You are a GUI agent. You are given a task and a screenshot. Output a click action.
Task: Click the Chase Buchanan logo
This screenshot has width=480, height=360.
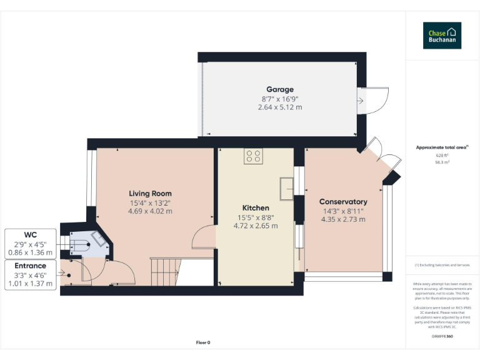pyautogui.click(x=442, y=36)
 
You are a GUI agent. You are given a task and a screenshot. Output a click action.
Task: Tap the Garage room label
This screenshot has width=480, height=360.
pyautogui.click(x=279, y=89)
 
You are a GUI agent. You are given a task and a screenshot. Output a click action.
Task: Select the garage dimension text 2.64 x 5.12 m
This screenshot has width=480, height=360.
pyautogui.click(x=279, y=107)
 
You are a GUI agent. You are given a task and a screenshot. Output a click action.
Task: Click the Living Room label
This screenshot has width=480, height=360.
pyautogui.click(x=150, y=193)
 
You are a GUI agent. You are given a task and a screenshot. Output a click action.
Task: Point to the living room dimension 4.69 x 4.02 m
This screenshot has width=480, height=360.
pyautogui.click(x=150, y=211)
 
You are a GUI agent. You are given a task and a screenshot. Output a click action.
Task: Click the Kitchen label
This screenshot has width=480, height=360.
pyautogui.click(x=256, y=207)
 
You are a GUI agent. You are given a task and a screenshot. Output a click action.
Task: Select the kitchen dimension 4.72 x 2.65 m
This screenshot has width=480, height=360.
pyautogui.click(x=256, y=226)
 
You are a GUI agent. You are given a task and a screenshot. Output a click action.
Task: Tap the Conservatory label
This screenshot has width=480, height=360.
pyautogui.click(x=342, y=202)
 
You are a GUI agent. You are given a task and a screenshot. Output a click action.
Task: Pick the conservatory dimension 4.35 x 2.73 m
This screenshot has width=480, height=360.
pyautogui.click(x=342, y=219)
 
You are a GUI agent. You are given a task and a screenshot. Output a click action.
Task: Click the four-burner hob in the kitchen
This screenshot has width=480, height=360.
pyautogui.click(x=254, y=156)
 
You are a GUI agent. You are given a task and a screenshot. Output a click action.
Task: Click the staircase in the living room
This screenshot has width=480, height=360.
pyautogui.click(x=165, y=271)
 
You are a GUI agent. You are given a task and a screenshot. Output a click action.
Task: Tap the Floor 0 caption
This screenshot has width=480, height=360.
pyautogui.click(x=204, y=342)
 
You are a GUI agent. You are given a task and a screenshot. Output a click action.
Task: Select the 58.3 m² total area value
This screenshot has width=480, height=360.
pyautogui.click(x=442, y=162)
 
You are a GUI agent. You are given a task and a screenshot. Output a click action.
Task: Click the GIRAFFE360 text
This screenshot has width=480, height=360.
pyautogui.click(x=442, y=337)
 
